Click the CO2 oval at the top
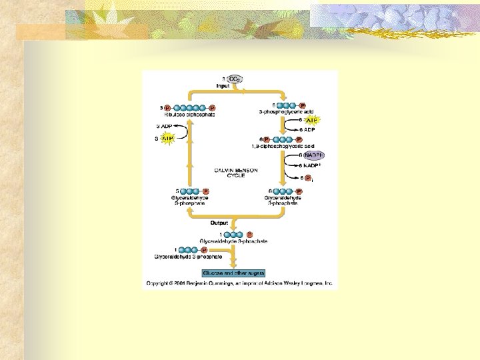(x=235, y=79)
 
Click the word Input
(x=223, y=86)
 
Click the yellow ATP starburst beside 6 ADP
(x=311, y=120)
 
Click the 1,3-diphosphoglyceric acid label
(x=282, y=146)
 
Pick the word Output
(x=219, y=223)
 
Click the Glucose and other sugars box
(x=233, y=273)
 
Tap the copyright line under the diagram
(x=239, y=283)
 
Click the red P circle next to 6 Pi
(x=309, y=178)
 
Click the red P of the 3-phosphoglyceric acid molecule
(x=302, y=105)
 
